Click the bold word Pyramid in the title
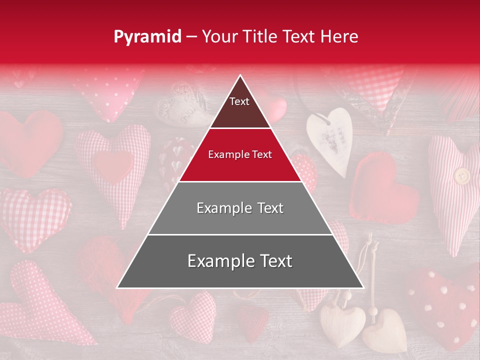coord(147,37)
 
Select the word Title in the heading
coord(259,36)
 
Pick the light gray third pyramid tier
coord(240,208)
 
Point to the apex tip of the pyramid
coord(240,76)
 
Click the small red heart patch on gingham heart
coord(114,165)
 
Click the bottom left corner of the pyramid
coord(118,287)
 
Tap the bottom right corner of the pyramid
coord(362,287)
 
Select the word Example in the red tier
coord(224,154)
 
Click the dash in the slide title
coord(191,37)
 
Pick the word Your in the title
coord(218,36)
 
